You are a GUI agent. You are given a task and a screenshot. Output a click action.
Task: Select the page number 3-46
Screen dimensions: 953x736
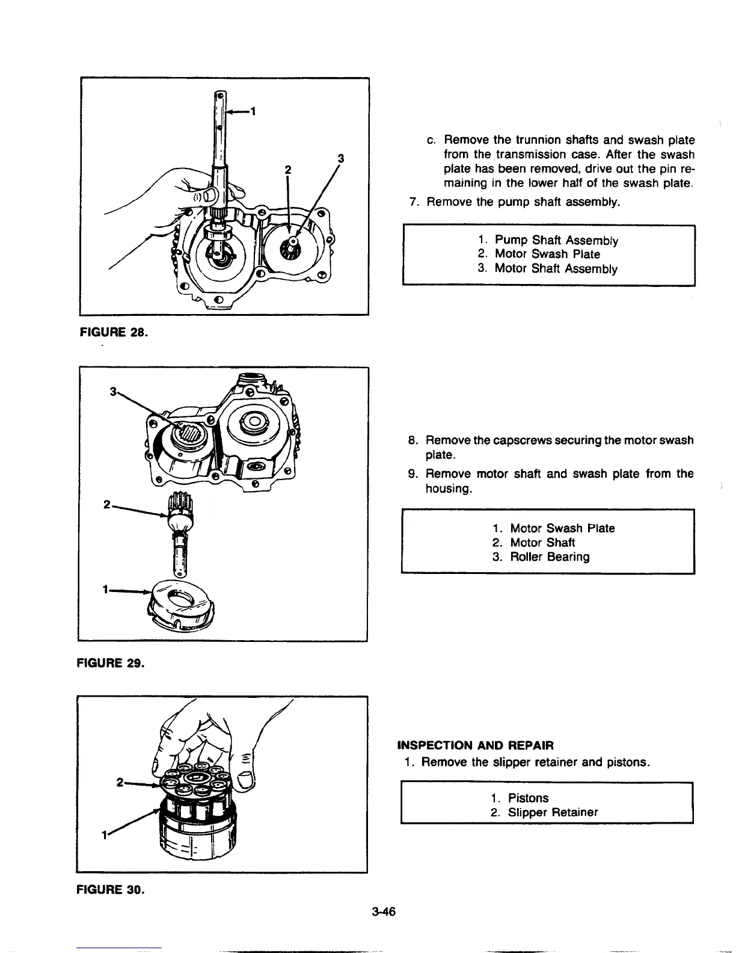[383, 911]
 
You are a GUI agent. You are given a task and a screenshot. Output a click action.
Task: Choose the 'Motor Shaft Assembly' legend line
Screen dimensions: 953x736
[556, 269]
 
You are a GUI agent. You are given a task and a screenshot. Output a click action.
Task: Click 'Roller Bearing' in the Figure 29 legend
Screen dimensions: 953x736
[550, 557]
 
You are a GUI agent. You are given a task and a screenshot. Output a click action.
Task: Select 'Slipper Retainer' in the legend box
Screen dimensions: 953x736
[553, 812]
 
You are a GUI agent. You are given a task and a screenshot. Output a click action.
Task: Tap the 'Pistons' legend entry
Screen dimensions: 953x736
[528, 798]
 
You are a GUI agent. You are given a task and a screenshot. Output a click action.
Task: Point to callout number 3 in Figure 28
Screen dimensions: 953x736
[341, 159]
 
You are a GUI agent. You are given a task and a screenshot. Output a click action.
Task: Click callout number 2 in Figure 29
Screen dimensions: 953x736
[106, 505]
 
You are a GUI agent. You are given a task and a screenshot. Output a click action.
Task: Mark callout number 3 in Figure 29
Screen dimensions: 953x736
[112, 392]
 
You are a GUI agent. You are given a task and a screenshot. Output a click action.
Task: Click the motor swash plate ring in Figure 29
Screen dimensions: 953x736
[180, 605]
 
